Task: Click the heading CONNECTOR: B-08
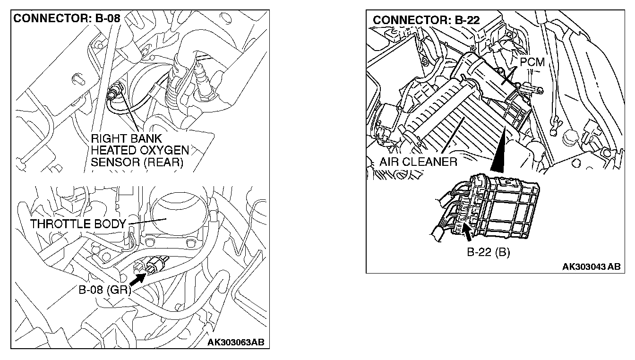pos(68,19)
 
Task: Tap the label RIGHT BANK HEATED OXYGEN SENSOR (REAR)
pos(140,151)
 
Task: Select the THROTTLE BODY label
pos(78,224)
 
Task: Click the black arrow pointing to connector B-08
pos(137,279)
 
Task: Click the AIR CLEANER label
pos(418,162)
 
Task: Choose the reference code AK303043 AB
pos(591,266)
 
